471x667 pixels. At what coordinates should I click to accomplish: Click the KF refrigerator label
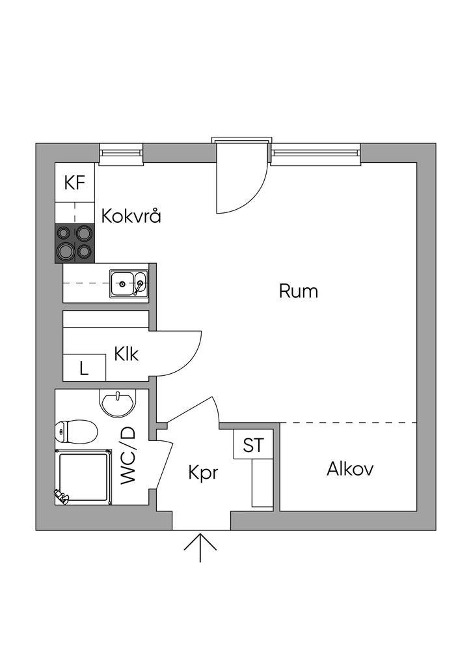[x=75, y=182]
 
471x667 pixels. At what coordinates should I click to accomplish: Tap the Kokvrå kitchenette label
[x=131, y=216]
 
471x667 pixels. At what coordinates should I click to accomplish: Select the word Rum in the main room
[x=299, y=291]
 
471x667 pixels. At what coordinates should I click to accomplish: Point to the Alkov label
[x=350, y=468]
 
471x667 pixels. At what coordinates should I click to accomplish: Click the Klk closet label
[x=126, y=354]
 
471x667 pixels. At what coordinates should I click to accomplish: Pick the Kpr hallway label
[x=202, y=472]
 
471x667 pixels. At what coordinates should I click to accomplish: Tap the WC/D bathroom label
[x=128, y=455]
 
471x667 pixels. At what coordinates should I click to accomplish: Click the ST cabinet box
[x=253, y=446]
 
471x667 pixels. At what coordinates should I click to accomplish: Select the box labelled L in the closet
[x=84, y=368]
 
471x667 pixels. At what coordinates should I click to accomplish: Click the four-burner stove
[x=75, y=242]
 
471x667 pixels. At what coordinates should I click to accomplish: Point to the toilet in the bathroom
[x=77, y=431]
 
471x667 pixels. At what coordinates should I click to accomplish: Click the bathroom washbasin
[x=118, y=403]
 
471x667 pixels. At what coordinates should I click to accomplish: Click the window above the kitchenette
[x=122, y=153]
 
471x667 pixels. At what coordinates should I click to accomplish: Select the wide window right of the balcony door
[x=316, y=153]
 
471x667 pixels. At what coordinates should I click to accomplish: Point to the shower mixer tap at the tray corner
[x=61, y=497]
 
